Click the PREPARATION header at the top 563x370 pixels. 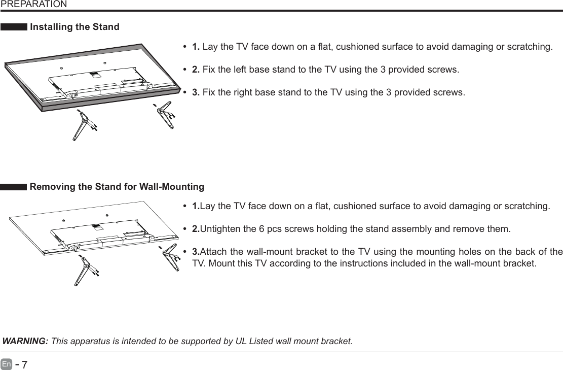33,5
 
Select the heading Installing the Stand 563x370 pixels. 75,27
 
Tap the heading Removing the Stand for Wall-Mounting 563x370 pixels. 117,187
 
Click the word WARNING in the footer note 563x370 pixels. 25,340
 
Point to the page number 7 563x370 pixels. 24,364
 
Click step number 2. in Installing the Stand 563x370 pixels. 196,70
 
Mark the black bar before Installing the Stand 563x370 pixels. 14,27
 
